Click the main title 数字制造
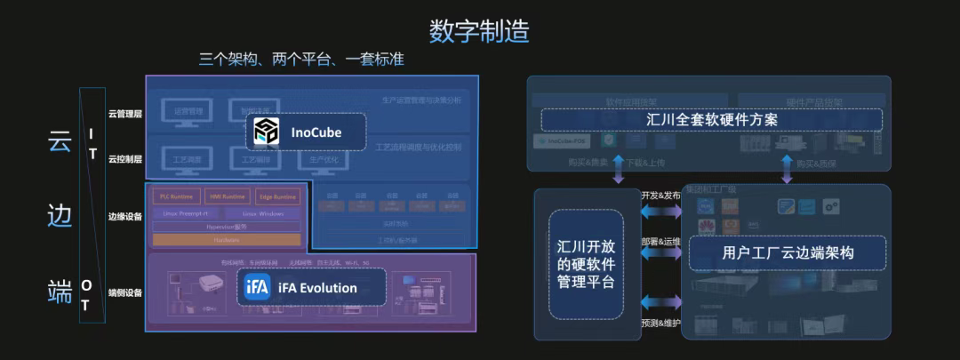(x=479, y=30)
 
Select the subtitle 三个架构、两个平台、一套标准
(x=301, y=60)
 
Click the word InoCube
(x=316, y=132)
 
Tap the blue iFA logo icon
(x=257, y=288)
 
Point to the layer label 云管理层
(x=125, y=114)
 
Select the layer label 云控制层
(x=125, y=158)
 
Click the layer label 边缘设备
(x=125, y=216)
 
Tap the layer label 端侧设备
(x=125, y=292)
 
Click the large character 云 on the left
(x=60, y=142)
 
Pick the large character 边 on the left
(x=60, y=216)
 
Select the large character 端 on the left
(x=60, y=291)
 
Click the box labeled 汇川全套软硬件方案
(x=711, y=119)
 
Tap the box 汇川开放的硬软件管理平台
(x=586, y=264)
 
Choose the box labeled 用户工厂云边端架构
(x=788, y=253)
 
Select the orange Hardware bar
(x=227, y=240)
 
